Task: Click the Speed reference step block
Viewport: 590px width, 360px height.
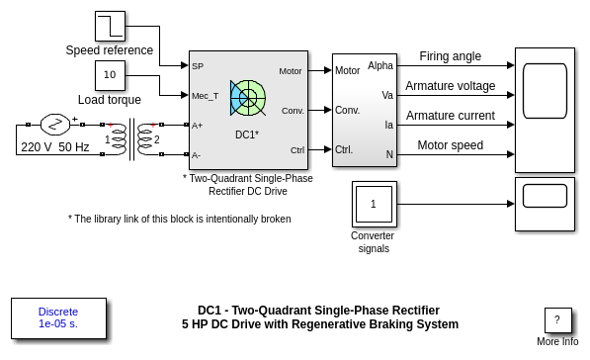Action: pyautogui.click(x=110, y=26)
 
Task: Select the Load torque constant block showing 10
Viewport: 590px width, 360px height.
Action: pyautogui.click(x=110, y=75)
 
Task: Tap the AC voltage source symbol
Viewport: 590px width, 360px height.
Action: pyautogui.click(x=55, y=125)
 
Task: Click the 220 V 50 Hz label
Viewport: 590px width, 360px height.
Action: pyautogui.click(x=55, y=146)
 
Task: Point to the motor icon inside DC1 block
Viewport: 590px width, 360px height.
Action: pyautogui.click(x=248, y=98)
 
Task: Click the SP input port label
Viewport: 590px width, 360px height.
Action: pyautogui.click(x=198, y=66)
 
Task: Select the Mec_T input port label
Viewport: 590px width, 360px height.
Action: pyautogui.click(x=206, y=96)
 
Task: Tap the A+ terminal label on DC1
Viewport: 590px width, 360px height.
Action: pyautogui.click(x=198, y=126)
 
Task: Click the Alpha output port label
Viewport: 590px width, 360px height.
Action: pyautogui.click(x=380, y=65)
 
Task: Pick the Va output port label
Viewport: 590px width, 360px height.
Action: pyautogui.click(x=387, y=95)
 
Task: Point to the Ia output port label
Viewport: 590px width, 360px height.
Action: pyautogui.click(x=388, y=125)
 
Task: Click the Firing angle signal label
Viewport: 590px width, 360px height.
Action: pyautogui.click(x=450, y=56)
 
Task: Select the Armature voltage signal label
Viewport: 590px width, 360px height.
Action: pyautogui.click(x=450, y=86)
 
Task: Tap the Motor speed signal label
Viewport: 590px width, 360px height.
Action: pyautogui.click(x=450, y=145)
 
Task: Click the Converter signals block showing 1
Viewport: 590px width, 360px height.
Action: pyautogui.click(x=374, y=204)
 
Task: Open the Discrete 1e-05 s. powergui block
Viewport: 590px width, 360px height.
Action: pyautogui.click(x=58, y=318)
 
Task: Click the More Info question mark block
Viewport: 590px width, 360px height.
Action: pyautogui.click(x=557, y=320)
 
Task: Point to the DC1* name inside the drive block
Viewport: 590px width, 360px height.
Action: pyautogui.click(x=247, y=135)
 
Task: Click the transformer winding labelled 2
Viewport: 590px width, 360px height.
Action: pyautogui.click(x=146, y=139)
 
